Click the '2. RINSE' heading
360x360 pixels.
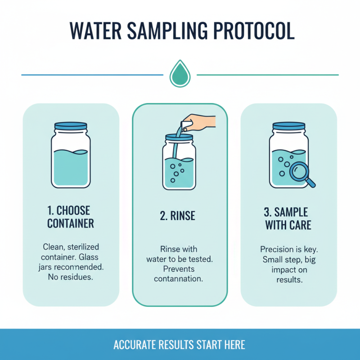(177, 216)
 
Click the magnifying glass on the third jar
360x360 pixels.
(298, 171)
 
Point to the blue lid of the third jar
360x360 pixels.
(288, 128)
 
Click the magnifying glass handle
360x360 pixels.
(310, 182)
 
